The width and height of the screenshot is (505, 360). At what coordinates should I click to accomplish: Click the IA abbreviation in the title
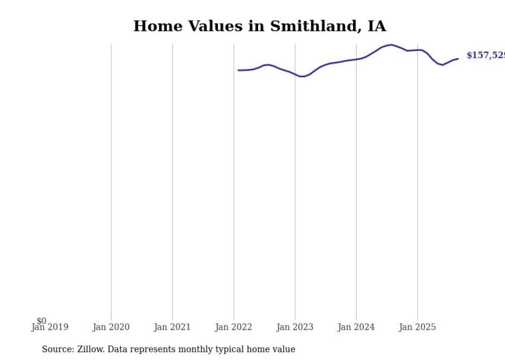pyautogui.click(x=376, y=26)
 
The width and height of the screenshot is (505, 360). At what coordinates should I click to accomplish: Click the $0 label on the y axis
pyautogui.click(x=41, y=321)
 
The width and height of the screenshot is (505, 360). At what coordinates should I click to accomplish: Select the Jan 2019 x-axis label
pyautogui.click(x=49, y=327)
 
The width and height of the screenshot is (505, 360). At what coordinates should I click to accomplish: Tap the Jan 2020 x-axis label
pyautogui.click(x=111, y=327)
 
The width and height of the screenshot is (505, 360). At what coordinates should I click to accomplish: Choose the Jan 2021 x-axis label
pyautogui.click(x=172, y=327)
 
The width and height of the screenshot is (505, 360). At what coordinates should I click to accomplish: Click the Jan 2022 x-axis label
pyautogui.click(x=233, y=327)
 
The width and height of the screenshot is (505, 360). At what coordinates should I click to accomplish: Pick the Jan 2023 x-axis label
pyautogui.click(x=295, y=327)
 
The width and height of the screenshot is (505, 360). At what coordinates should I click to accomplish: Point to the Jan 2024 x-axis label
pyautogui.click(x=356, y=327)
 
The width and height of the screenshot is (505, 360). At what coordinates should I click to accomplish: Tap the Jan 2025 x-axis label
pyautogui.click(x=417, y=327)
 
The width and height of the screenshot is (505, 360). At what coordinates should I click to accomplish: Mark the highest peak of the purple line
pyautogui.click(x=392, y=45)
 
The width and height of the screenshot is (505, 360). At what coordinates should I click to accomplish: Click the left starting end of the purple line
pyautogui.click(x=238, y=70)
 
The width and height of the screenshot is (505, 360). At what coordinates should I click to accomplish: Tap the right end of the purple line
pyautogui.click(x=458, y=59)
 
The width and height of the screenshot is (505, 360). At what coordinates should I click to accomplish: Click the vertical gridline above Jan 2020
pyautogui.click(x=111, y=180)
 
